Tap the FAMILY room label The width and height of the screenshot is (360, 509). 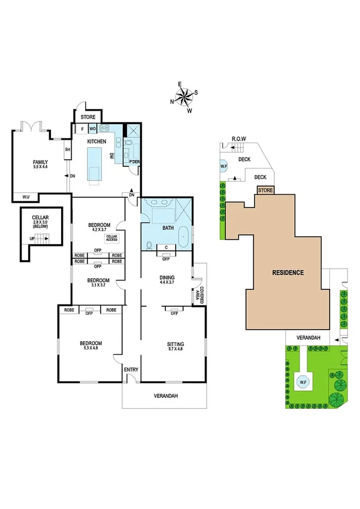pyautogui.click(x=40, y=162)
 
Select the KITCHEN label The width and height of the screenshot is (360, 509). pyautogui.click(x=96, y=141)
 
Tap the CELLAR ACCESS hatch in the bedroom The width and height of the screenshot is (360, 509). pyautogui.click(x=111, y=238)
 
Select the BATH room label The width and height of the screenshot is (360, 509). pyautogui.click(x=168, y=228)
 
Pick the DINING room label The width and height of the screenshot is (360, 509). pyautogui.click(x=167, y=277)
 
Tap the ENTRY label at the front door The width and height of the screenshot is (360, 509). pyautogui.click(x=131, y=369)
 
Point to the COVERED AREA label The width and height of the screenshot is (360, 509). pyautogui.click(x=198, y=294)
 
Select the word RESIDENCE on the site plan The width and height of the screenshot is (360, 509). pyautogui.click(x=288, y=273)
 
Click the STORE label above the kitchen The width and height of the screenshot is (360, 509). pyautogui.click(x=87, y=118)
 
